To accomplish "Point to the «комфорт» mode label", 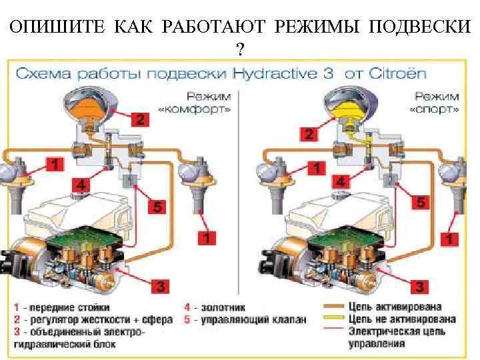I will click(x=194, y=107).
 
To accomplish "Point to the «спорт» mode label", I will click(x=436, y=107).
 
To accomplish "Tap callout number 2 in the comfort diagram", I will click(x=139, y=120).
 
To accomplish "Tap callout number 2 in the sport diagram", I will click(x=308, y=134).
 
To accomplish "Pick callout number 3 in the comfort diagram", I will click(x=160, y=287).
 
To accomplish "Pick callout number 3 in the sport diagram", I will click(x=419, y=287).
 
